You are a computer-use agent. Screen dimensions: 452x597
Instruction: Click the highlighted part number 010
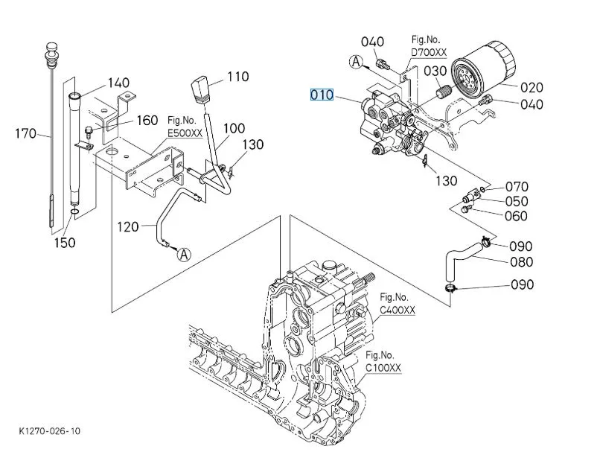322,95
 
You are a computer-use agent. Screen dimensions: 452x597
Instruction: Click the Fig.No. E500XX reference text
185,127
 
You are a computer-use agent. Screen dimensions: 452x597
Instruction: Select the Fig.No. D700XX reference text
430,46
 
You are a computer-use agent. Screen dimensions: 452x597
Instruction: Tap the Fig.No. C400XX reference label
398,305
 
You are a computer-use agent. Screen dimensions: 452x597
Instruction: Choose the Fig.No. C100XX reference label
383,362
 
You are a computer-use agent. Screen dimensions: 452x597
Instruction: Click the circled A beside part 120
184,254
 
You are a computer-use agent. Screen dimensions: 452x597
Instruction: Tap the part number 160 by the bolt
147,121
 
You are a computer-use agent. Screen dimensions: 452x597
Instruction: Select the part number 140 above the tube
118,83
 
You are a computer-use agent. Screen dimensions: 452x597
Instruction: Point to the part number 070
517,187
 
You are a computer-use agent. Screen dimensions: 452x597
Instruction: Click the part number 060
517,216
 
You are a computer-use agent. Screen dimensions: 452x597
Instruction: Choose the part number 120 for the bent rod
128,226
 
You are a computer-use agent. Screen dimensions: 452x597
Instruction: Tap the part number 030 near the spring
435,71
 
